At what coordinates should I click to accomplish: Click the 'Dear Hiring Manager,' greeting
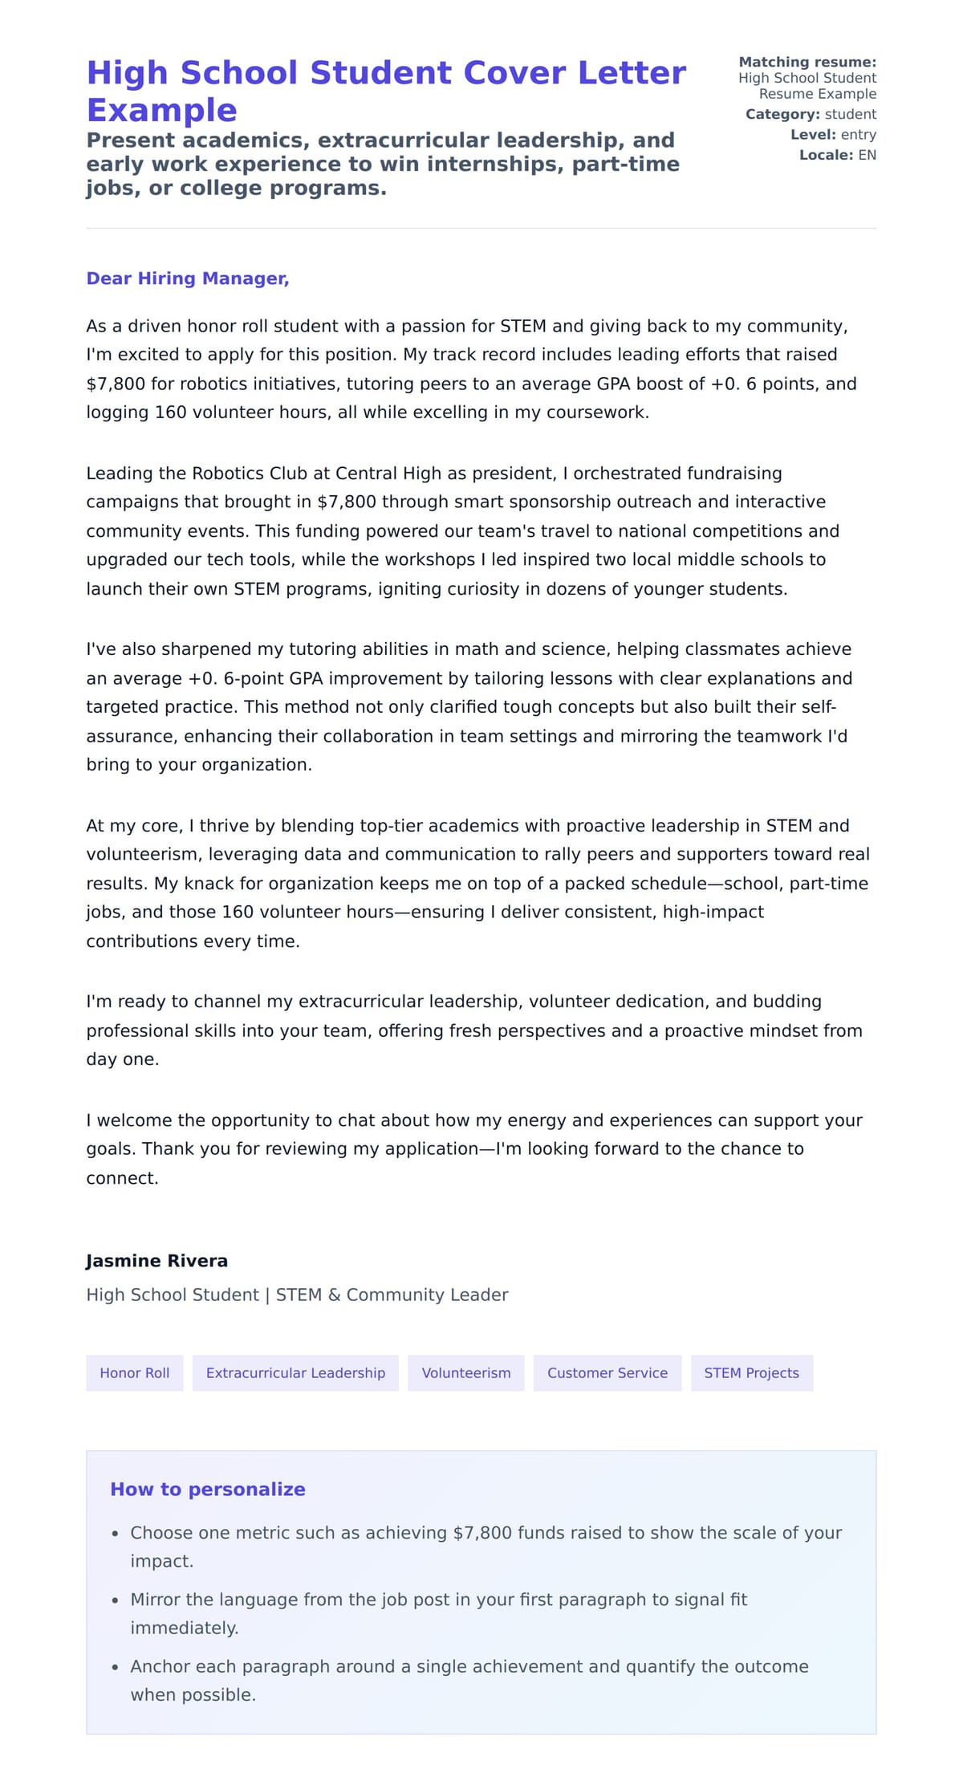coord(187,279)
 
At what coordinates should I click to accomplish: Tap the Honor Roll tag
coord(134,1372)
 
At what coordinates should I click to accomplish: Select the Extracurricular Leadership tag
coord(295,1372)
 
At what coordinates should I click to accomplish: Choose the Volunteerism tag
coord(465,1372)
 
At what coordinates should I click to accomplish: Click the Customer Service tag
coord(607,1372)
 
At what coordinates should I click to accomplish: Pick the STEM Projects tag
coord(751,1372)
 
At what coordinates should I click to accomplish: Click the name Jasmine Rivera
coord(156,1260)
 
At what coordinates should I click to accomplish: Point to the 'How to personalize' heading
coord(207,1489)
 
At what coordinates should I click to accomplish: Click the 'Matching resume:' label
coord(807,62)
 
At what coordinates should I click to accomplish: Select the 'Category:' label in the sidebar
coord(782,114)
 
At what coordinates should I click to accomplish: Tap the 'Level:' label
coord(813,135)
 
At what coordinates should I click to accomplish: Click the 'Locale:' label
coord(826,155)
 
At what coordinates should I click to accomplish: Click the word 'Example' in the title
coord(161,110)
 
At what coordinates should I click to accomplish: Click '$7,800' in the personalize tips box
coord(481,1532)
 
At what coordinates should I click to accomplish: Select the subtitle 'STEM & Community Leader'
coord(392,1295)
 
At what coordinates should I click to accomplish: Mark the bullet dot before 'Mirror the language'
coord(116,1600)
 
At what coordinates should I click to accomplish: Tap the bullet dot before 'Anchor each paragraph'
coord(116,1667)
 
